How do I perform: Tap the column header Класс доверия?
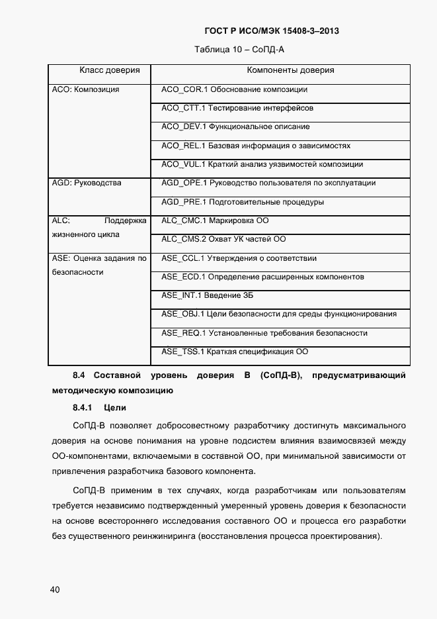[110, 70]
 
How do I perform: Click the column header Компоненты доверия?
[290, 70]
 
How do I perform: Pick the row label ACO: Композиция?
[85, 89]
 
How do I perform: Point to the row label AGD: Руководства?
[87, 183]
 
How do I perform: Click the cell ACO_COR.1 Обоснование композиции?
[234, 89]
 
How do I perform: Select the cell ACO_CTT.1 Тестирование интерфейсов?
[237, 107]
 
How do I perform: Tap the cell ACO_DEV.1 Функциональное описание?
[235, 126]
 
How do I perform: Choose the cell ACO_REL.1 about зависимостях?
[256, 145]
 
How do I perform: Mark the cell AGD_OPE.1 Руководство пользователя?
[268, 183]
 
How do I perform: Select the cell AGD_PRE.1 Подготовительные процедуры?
[243, 202]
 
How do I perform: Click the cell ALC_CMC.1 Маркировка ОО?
[215, 220]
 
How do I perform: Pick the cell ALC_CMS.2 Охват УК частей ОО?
[223, 239]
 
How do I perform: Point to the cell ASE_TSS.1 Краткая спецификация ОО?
[235, 352]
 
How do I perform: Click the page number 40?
[54, 589]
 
